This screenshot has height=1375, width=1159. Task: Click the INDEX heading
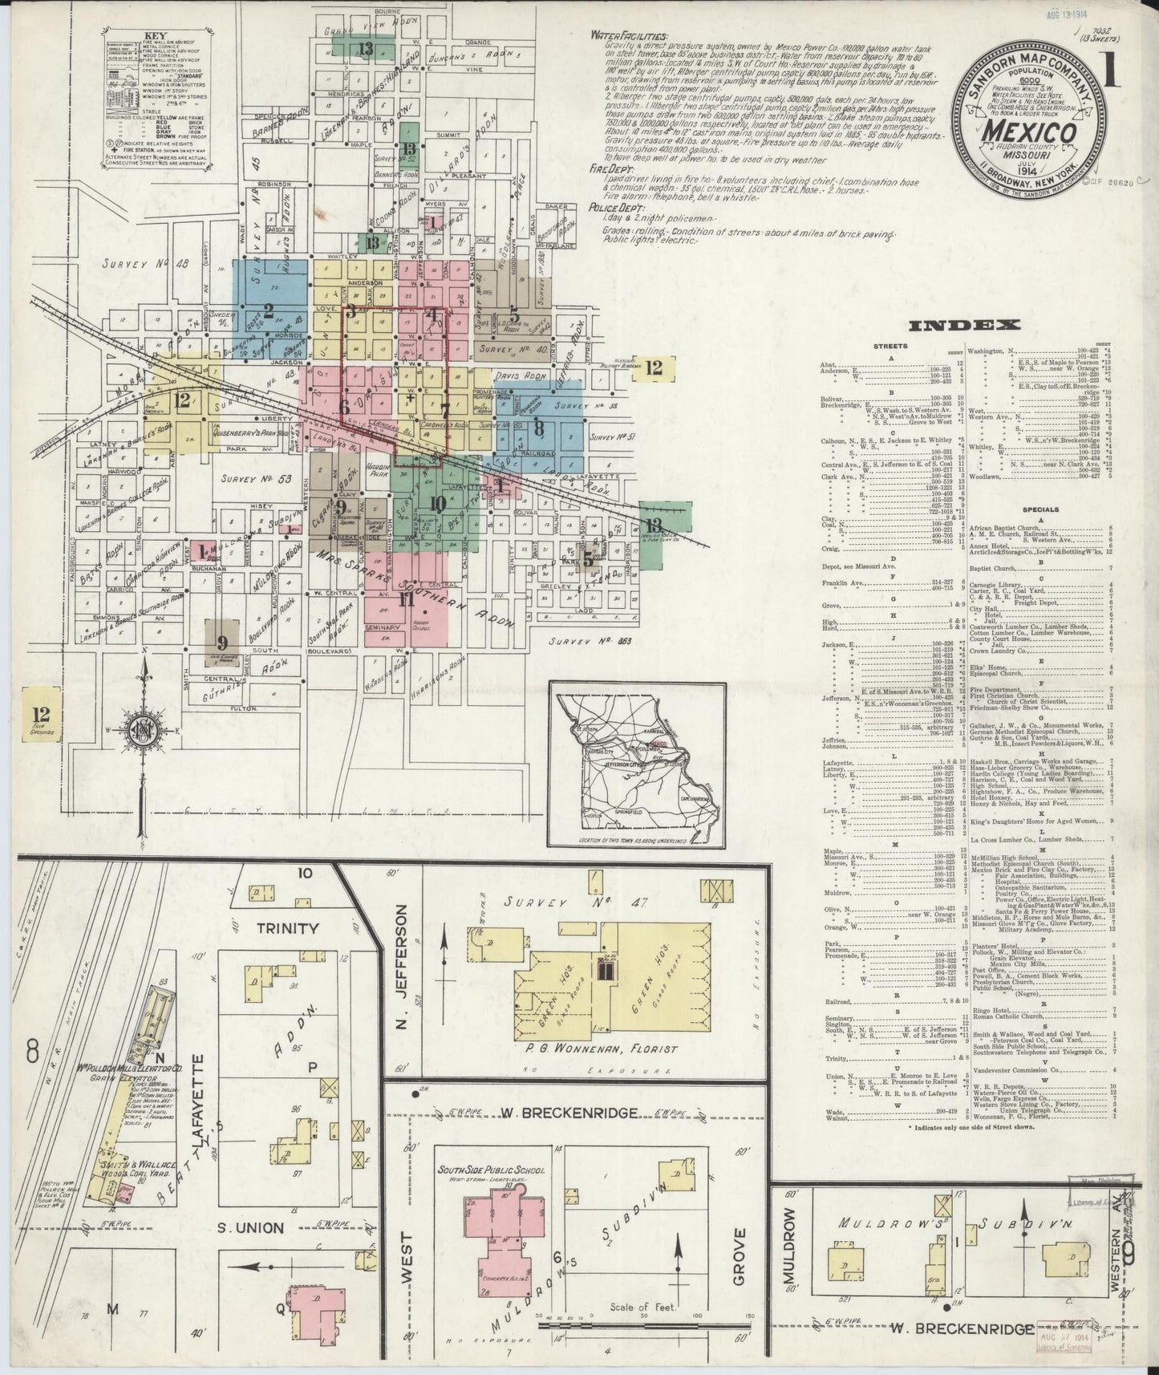(965, 325)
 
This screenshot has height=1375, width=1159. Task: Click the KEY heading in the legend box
(151, 35)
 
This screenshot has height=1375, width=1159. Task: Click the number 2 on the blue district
(269, 309)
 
